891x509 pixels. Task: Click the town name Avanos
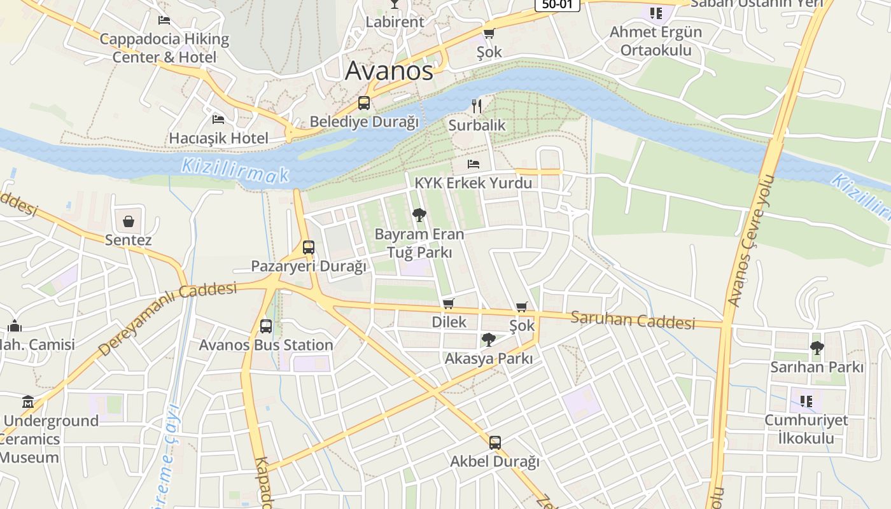tap(389, 71)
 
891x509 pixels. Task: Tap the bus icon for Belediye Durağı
tap(364, 103)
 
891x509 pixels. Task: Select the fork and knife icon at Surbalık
tap(477, 106)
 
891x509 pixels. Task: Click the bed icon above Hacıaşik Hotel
tap(218, 120)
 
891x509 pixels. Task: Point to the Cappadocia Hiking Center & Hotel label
tap(164, 48)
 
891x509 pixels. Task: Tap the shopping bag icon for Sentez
tap(129, 221)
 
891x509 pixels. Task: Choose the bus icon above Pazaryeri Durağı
tap(309, 248)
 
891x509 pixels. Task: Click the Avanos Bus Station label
tap(266, 345)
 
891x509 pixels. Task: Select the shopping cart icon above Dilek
tap(449, 303)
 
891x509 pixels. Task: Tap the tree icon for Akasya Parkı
tap(489, 340)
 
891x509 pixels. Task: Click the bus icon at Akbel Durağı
tap(495, 443)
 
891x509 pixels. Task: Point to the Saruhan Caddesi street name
tap(633, 320)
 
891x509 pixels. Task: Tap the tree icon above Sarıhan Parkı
tap(817, 348)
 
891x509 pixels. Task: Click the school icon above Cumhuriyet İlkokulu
tap(806, 401)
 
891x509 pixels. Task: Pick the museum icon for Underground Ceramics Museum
tap(28, 402)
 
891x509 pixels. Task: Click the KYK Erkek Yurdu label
tap(473, 183)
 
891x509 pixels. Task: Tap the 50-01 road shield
tap(557, 5)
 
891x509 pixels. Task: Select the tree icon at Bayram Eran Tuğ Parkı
tap(419, 215)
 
